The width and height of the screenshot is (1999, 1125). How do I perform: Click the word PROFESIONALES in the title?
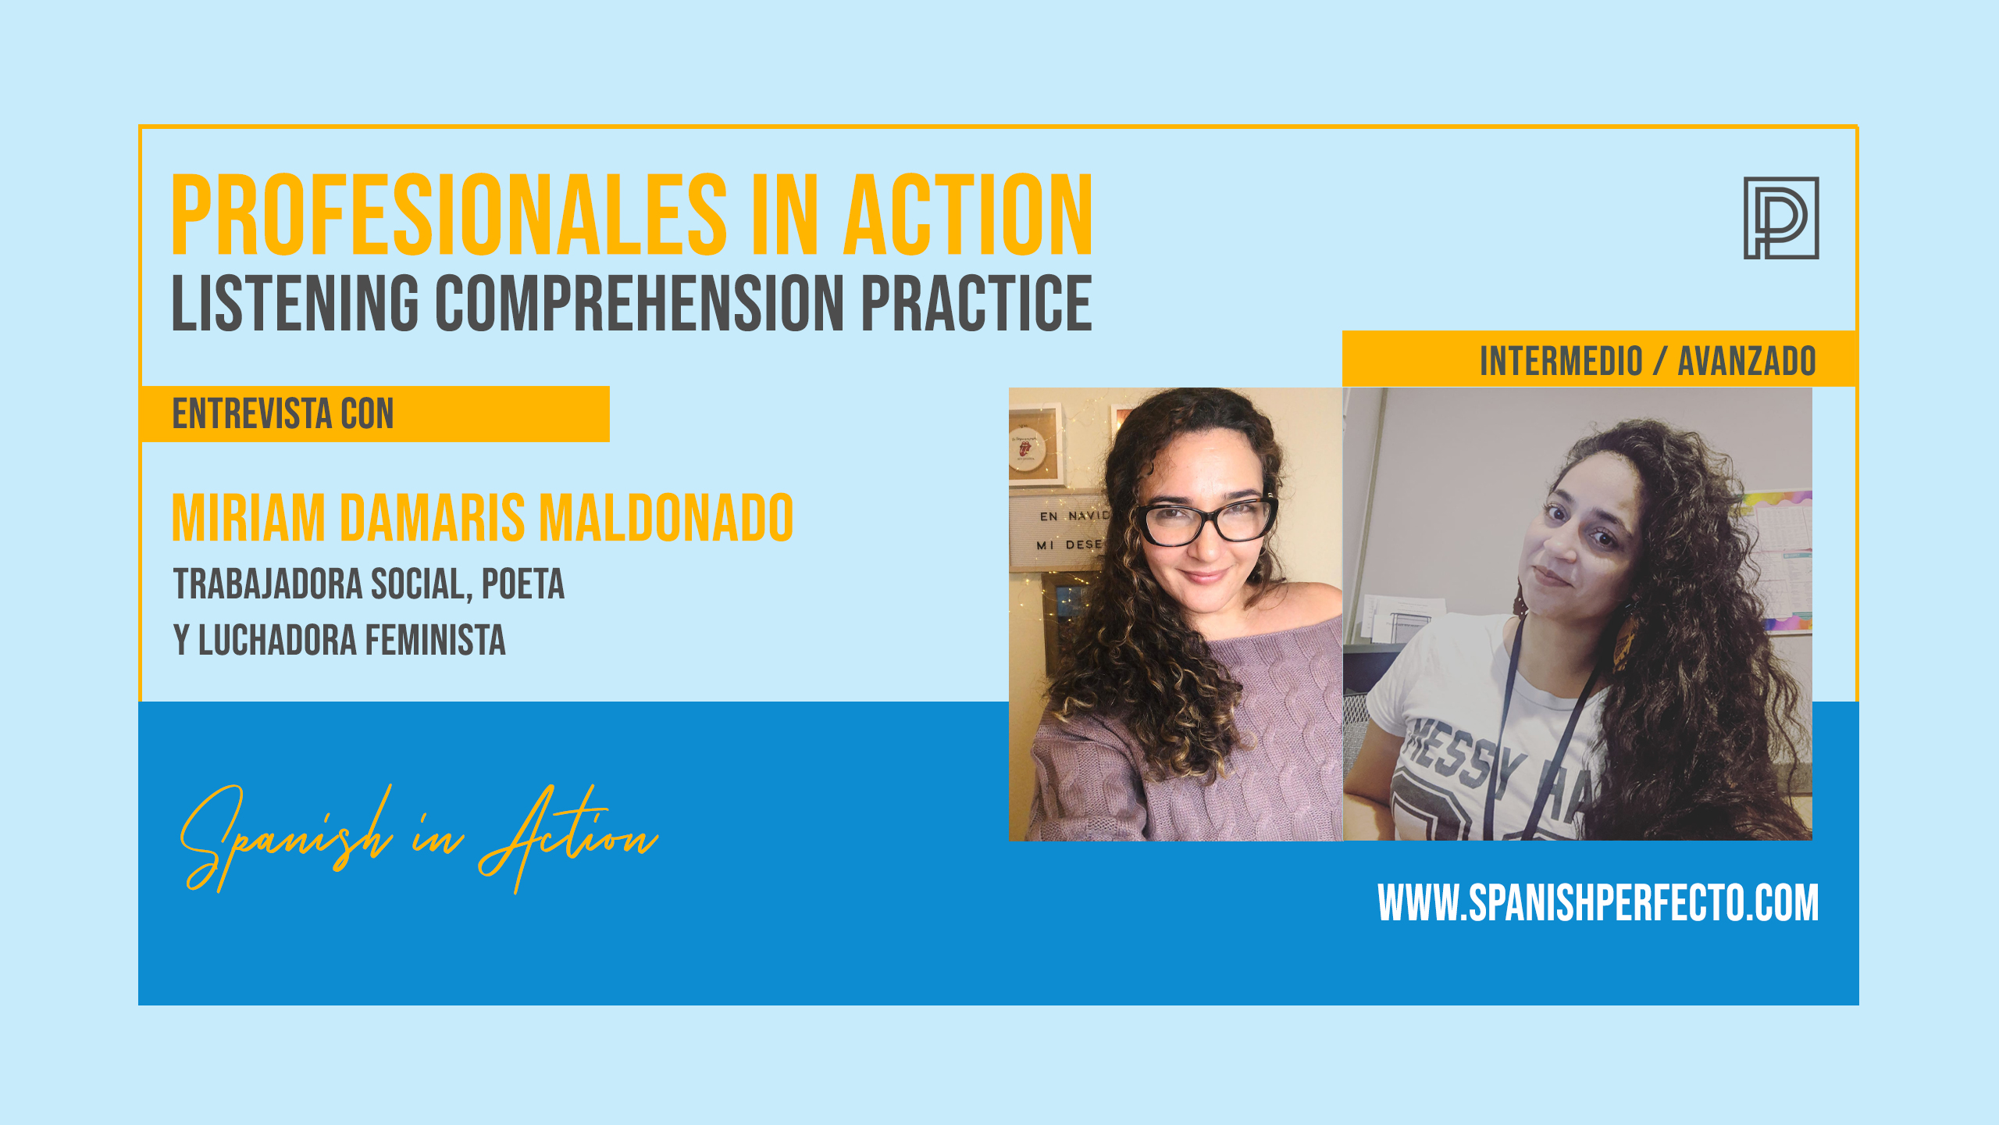[449, 215]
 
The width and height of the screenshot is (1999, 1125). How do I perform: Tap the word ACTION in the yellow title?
[968, 215]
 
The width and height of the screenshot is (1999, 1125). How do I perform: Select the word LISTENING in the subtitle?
[296, 302]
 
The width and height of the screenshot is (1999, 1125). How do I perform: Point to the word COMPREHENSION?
[640, 302]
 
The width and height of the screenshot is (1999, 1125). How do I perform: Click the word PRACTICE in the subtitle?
[976, 302]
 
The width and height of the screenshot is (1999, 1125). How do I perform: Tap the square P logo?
[1781, 218]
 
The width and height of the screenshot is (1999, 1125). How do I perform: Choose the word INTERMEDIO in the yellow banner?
[1562, 361]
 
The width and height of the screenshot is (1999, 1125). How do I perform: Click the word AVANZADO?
[1747, 361]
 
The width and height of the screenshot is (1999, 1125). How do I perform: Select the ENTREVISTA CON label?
[283, 414]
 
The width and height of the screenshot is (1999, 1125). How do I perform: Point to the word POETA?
[522, 584]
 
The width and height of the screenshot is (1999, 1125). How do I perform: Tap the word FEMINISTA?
[436, 641]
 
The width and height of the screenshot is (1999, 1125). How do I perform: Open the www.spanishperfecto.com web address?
[1598, 903]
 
